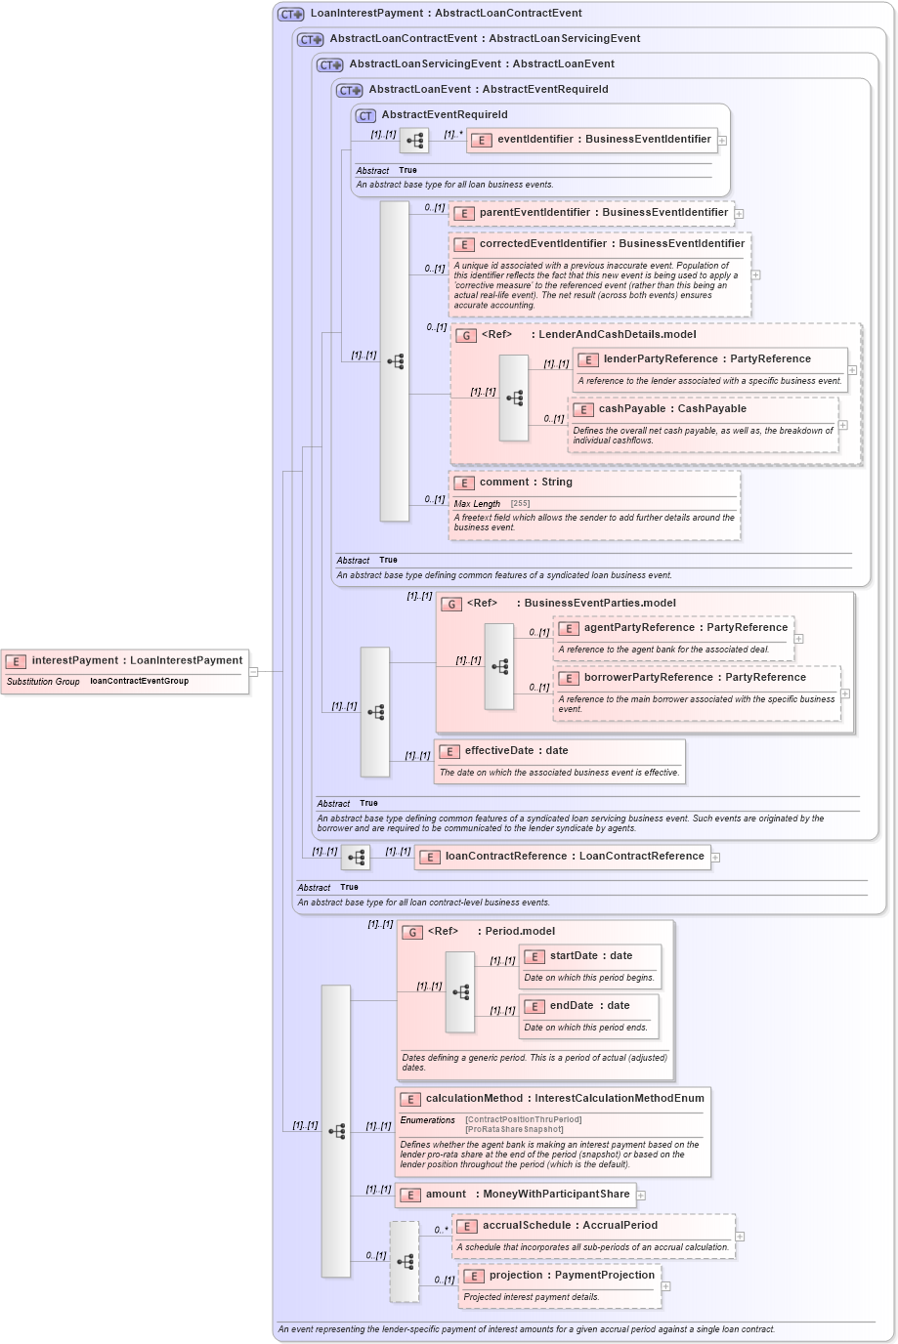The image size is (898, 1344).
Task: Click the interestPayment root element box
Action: click(136, 661)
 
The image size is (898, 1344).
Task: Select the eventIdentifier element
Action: click(603, 140)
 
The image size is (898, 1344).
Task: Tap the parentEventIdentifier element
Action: click(603, 213)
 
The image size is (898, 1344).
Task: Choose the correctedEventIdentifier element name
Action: click(611, 244)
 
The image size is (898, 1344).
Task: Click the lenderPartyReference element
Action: click(706, 359)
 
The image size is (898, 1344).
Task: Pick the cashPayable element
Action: click(671, 409)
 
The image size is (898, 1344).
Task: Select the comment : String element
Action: click(525, 483)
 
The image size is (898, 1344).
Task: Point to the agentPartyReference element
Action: click(685, 628)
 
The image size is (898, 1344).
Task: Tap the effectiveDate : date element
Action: click(515, 751)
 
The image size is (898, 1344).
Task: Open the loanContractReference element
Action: click(574, 857)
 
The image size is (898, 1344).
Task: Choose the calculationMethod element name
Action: click(564, 1099)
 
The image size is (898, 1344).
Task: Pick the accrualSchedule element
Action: click(583, 1226)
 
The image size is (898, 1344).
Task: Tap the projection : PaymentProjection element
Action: click(572, 1276)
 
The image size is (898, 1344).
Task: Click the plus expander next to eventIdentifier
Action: click(722, 141)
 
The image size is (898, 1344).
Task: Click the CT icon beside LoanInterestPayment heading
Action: click(291, 15)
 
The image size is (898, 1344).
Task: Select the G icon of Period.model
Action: click(413, 933)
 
